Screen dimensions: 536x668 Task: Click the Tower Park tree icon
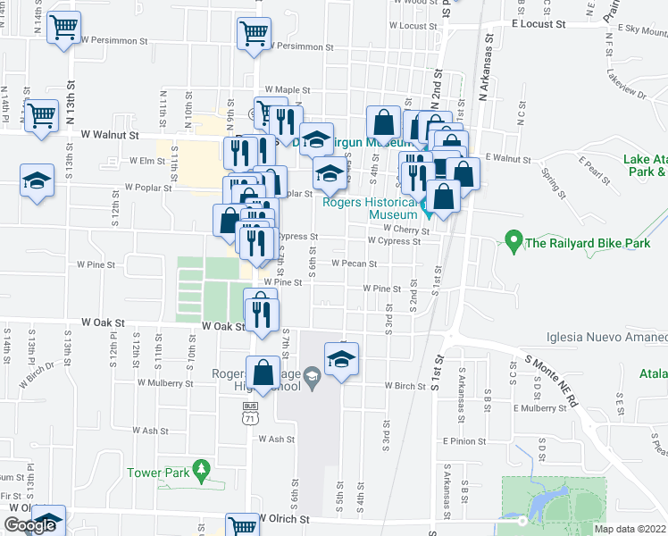pyautogui.click(x=203, y=467)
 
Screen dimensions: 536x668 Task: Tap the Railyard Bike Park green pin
pyautogui.click(x=513, y=240)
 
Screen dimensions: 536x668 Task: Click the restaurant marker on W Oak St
pyautogui.click(x=261, y=313)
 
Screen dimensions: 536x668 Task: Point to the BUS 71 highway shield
pyautogui.click(x=251, y=412)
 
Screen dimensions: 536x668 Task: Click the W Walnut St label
pyautogui.click(x=109, y=136)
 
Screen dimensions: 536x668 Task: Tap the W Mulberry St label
pyautogui.click(x=165, y=383)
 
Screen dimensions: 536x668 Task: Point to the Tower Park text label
pyautogui.click(x=155, y=473)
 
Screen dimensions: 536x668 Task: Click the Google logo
pyautogui.click(x=29, y=525)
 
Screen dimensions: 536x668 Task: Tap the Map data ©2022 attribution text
pyautogui.click(x=630, y=529)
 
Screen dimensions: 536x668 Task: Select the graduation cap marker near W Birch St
pyautogui.click(x=340, y=359)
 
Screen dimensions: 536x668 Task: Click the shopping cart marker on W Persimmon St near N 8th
pyautogui.click(x=254, y=35)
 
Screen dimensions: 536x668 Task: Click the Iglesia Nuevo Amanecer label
pyautogui.click(x=606, y=337)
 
